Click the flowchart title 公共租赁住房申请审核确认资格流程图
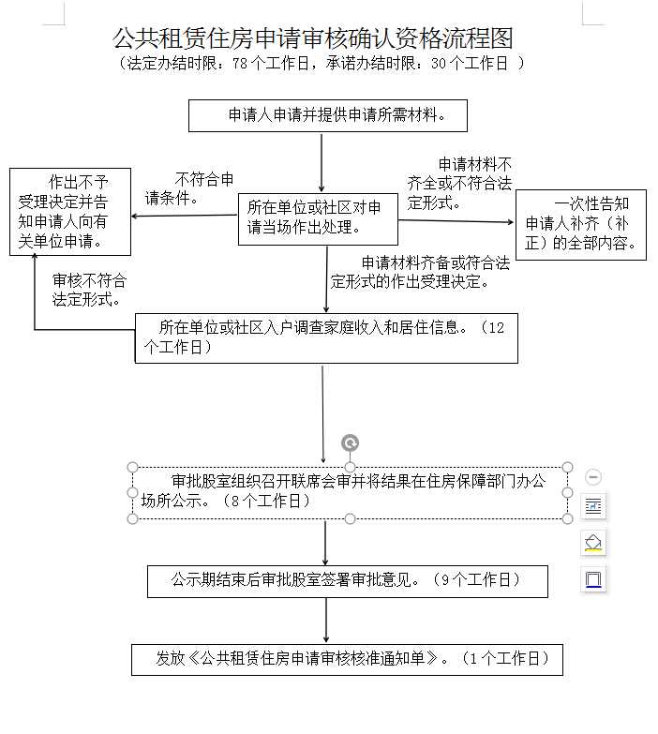pyautogui.click(x=313, y=37)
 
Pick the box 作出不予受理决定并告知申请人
pyautogui.click(x=69, y=212)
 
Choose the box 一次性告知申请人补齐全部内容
pyautogui.click(x=580, y=226)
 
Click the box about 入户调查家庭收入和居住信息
pyautogui.click(x=326, y=337)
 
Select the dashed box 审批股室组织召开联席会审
pyautogui.click(x=349, y=491)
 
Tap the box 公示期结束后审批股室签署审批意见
pyautogui.click(x=347, y=580)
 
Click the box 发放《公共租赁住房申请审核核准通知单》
pyautogui.click(x=347, y=659)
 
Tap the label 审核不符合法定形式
pyautogui.click(x=89, y=291)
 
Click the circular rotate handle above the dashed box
pyautogui.click(x=351, y=442)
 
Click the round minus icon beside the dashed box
pyautogui.click(x=592, y=477)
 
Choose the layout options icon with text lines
pyautogui.click(x=592, y=507)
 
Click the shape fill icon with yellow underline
pyautogui.click(x=592, y=543)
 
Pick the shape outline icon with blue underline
pyautogui.click(x=592, y=578)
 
